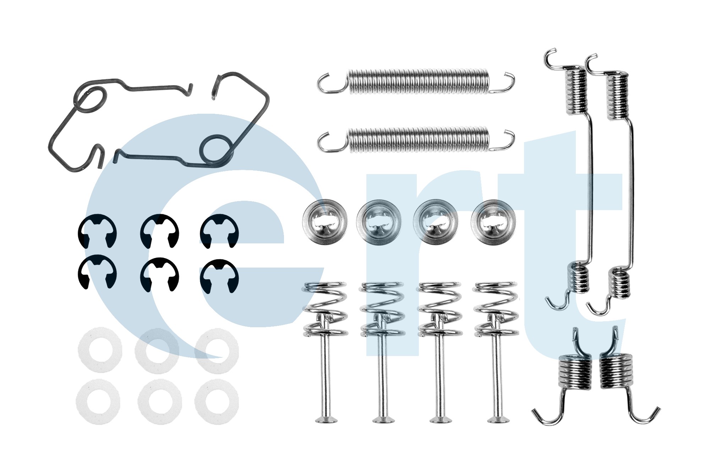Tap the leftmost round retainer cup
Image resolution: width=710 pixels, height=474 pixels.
[x=324, y=222]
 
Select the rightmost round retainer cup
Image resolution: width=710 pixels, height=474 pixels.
[x=493, y=222]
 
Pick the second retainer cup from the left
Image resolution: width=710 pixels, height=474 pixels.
[x=379, y=222]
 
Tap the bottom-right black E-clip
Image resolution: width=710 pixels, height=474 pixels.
[x=219, y=276]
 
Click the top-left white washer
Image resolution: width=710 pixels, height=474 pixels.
[x=100, y=350]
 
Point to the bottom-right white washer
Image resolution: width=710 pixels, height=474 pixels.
[x=217, y=402]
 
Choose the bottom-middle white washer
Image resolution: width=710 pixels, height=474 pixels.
[x=160, y=402]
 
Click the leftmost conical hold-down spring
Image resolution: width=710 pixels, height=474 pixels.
[x=325, y=308]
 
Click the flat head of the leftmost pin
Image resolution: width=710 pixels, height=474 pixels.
[x=326, y=420]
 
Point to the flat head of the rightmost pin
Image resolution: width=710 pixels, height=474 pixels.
[x=498, y=420]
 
